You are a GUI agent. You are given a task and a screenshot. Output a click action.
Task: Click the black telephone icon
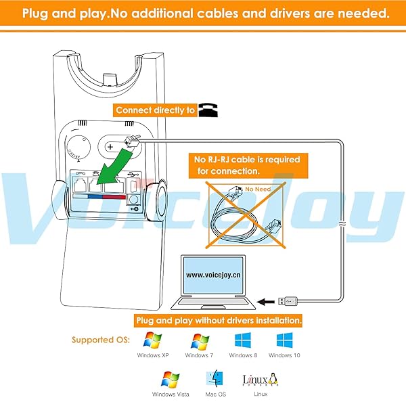pos(206,110)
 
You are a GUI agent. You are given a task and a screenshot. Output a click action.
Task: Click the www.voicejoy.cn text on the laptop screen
pos(215,275)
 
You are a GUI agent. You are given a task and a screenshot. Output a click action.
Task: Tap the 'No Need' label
pos(258,189)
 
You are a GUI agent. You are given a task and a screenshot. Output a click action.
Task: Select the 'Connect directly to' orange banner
pos(155,110)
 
